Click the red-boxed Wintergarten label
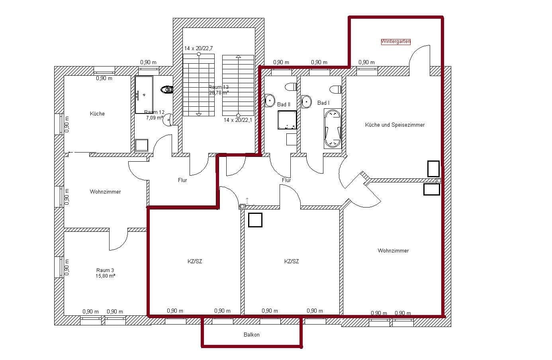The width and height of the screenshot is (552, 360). pyautogui.click(x=395, y=41)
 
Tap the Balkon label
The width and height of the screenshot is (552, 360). pyautogui.click(x=251, y=335)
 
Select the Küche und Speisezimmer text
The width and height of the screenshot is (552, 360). pyautogui.click(x=395, y=125)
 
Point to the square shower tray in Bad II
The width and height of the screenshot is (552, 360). pyautogui.click(x=287, y=120)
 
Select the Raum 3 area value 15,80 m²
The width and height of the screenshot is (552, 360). pyautogui.click(x=106, y=276)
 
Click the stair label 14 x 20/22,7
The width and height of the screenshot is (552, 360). pyautogui.click(x=198, y=48)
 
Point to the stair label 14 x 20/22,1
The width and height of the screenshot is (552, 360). pyautogui.click(x=238, y=120)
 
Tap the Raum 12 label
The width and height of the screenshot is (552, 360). pyautogui.click(x=154, y=112)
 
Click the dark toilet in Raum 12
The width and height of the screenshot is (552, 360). pyautogui.click(x=167, y=90)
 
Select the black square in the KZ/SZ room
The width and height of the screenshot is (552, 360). pyautogui.click(x=255, y=220)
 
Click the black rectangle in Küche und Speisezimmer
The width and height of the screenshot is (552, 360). pyautogui.click(x=433, y=169)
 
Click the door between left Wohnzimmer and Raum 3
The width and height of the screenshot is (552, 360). pyautogui.click(x=118, y=239)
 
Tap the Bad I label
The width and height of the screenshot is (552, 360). pyautogui.click(x=323, y=103)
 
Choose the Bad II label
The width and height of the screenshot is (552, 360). pyautogui.click(x=284, y=104)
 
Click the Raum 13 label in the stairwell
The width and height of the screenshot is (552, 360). pyautogui.click(x=218, y=87)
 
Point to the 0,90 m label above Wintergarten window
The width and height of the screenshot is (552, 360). pyautogui.click(x=366, y=62)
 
